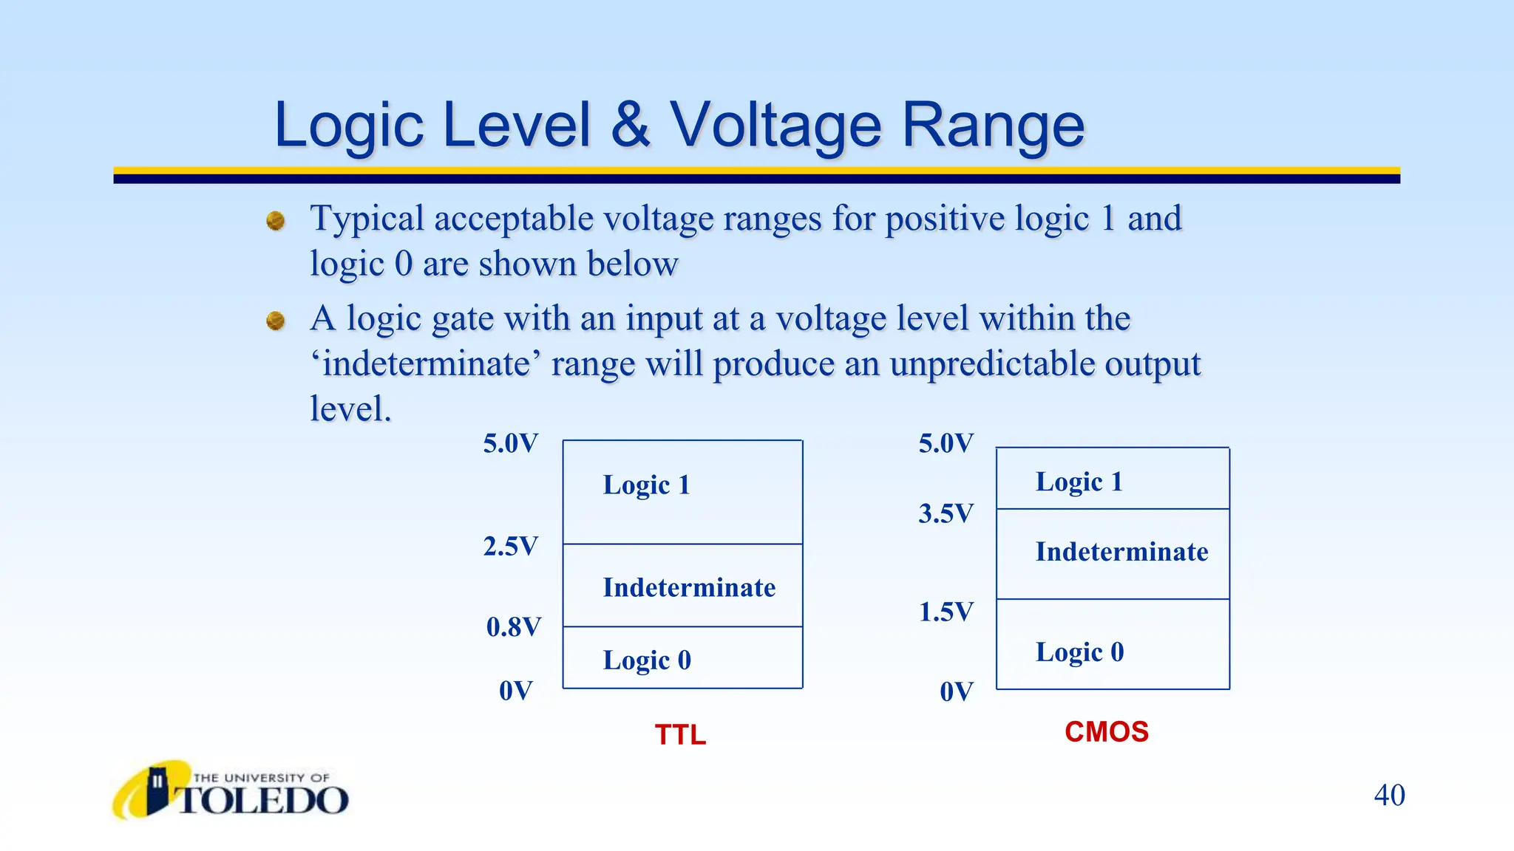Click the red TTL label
[x=680, y=735]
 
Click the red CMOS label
[x=1106, y=732]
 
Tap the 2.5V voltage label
[x=510, y=547]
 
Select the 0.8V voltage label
[x=513, y=627]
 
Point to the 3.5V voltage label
[x=946, y=513]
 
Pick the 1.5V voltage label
[x=946, y=612]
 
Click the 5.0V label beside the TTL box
[x=510, y=443]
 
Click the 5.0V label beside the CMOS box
[x=946, y=443]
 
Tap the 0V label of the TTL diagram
[x=515, y=691]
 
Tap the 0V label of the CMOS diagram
[x=956, y=692]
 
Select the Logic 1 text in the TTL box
[x=646, y=485]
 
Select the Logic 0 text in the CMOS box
[x=1079, y=652]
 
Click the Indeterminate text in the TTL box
[x=689, y=587]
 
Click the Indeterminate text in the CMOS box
[x=1121, y=552]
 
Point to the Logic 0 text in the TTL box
[x=647, y=660]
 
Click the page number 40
[x=1389, y=796]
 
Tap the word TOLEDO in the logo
[x=263, y=801]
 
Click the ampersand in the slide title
[x=630, y=124]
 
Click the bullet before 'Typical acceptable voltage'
[x=276, y=220]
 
